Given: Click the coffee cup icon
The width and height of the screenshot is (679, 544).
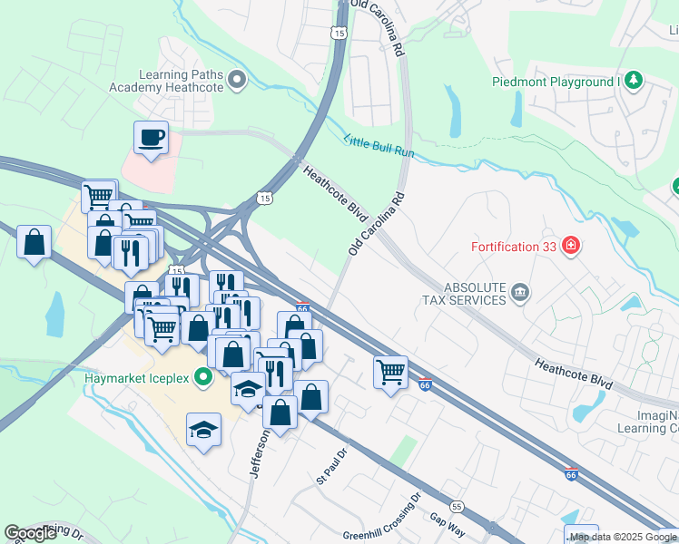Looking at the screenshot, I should (151, 138).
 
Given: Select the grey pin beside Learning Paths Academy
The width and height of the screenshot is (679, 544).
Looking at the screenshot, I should (238, 81).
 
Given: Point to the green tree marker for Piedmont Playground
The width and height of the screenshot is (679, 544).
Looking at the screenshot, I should (634, 82).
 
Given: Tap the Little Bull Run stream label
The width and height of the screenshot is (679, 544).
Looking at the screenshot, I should (379, 146).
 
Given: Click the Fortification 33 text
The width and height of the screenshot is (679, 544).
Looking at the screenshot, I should (513, 246).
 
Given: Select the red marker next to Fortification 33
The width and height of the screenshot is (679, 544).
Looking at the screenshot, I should (570, 245).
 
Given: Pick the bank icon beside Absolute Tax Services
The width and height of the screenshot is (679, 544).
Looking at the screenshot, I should (519, 292).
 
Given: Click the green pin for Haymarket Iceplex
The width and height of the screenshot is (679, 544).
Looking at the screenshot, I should (204, 377).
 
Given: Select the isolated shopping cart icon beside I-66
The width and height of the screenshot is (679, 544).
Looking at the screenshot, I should (390, 371).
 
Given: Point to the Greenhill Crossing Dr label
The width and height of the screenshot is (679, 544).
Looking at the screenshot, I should (382, 517).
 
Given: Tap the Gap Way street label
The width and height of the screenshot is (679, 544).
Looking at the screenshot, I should (447, 520).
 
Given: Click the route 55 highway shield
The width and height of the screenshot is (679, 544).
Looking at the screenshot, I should (457, 506).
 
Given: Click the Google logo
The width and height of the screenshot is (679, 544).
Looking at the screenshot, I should (31, 533).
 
